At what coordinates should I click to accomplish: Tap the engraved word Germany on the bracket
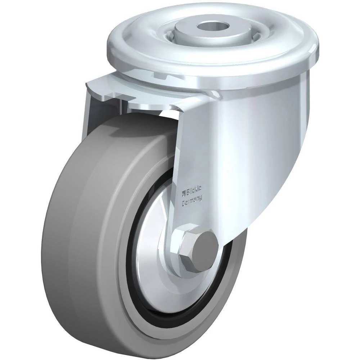(192, 199)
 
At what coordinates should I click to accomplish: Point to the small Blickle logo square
(184, 192)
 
